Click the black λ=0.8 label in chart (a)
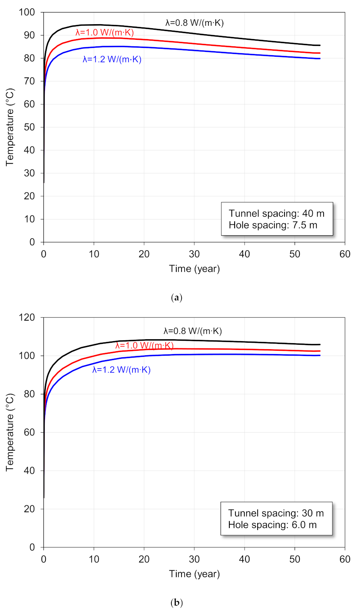coord(194,23)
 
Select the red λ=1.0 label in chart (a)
coord(105,33)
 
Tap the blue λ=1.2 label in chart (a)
coord(112,60)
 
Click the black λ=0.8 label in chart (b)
coord(192,331)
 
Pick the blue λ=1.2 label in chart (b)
coord(121,370)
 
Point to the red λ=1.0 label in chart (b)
coord(144,346)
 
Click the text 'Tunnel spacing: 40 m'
coord(276,213)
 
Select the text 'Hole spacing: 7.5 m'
coord(273,225)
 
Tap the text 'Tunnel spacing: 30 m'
coord(276,513)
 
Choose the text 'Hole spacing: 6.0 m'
coord(272,525)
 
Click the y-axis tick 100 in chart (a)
coord(27,12)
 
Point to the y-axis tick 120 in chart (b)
coord(27,317)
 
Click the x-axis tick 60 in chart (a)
coord(345,254)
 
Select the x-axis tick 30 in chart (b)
coord(194,559)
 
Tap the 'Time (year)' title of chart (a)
coord(194,269)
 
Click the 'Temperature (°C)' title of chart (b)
coord(10,432)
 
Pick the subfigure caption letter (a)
coord(177,298)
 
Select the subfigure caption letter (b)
coord(177,603)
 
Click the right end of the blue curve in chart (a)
coord(320,58)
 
